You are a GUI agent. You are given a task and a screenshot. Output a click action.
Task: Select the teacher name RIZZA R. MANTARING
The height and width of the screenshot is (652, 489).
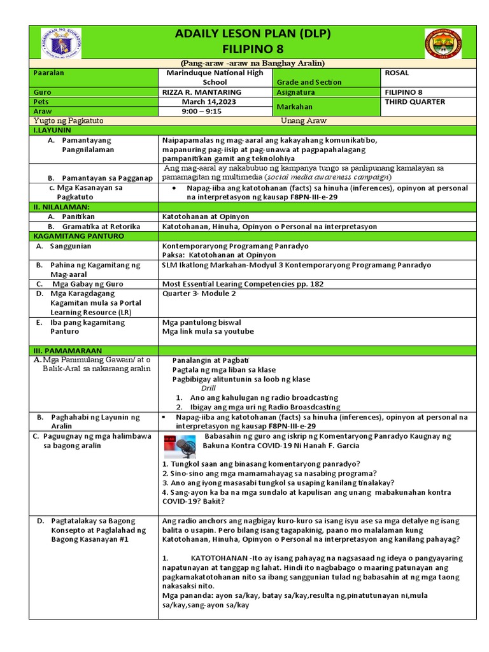click(x=202, y=92)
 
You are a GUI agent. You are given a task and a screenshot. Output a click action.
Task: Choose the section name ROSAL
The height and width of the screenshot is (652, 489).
click(x=397, y=73)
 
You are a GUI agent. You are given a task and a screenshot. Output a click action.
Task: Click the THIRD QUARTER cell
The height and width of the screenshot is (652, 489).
click(x=414, y=102)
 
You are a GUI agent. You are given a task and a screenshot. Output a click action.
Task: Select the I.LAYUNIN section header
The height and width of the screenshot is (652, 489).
click(x=53, y=130)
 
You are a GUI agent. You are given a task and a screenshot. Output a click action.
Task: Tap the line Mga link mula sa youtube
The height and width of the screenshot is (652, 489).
click(x=208, y=332)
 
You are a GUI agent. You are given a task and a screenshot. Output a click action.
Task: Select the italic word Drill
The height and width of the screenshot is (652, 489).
click(x=209, y=388)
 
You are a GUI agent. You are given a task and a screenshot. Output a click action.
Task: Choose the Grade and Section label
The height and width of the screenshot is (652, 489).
click(x=309, y=82)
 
